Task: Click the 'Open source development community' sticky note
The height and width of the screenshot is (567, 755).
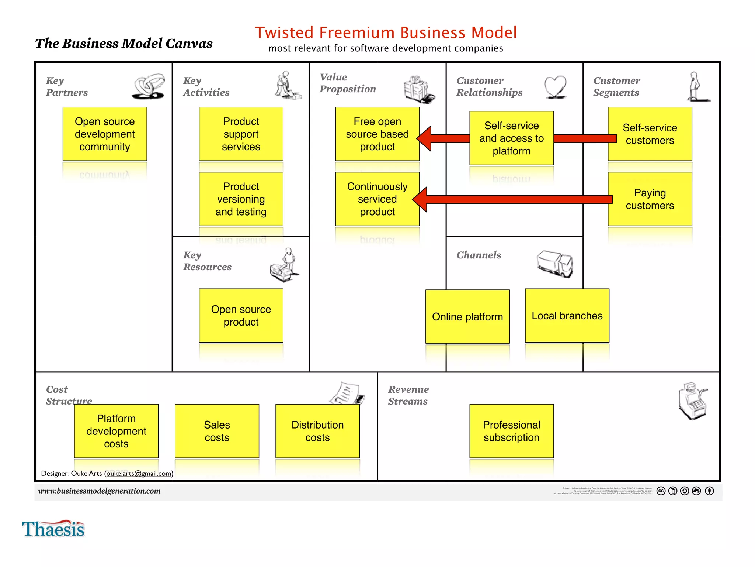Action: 105,134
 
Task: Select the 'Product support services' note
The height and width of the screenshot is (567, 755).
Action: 241,134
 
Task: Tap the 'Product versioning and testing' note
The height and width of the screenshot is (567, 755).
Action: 241,199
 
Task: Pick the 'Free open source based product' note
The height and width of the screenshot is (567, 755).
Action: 377,134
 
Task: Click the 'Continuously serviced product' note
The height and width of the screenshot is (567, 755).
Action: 377,199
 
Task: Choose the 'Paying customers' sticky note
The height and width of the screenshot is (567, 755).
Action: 650,199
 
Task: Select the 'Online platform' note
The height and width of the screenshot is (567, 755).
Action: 467,316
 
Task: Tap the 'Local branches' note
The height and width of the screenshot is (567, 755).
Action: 567,316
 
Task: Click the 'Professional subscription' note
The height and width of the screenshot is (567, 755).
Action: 511,431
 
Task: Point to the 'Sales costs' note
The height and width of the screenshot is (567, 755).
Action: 217,431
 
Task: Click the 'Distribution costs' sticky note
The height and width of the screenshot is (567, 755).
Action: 317,431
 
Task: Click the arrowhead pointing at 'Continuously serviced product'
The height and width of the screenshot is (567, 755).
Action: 420,199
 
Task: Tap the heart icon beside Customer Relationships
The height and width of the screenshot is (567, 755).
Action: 555,87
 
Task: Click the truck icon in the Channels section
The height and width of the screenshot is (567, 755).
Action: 555,264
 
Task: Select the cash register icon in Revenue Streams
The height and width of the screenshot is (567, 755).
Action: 692,401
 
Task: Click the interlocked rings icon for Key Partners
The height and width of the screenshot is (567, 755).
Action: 149,86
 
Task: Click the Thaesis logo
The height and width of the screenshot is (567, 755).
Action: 53,529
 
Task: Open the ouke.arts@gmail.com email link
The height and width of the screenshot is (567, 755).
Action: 139,473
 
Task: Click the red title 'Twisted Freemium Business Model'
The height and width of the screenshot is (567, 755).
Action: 386,32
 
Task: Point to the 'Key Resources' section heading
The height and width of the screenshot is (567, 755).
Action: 207,261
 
